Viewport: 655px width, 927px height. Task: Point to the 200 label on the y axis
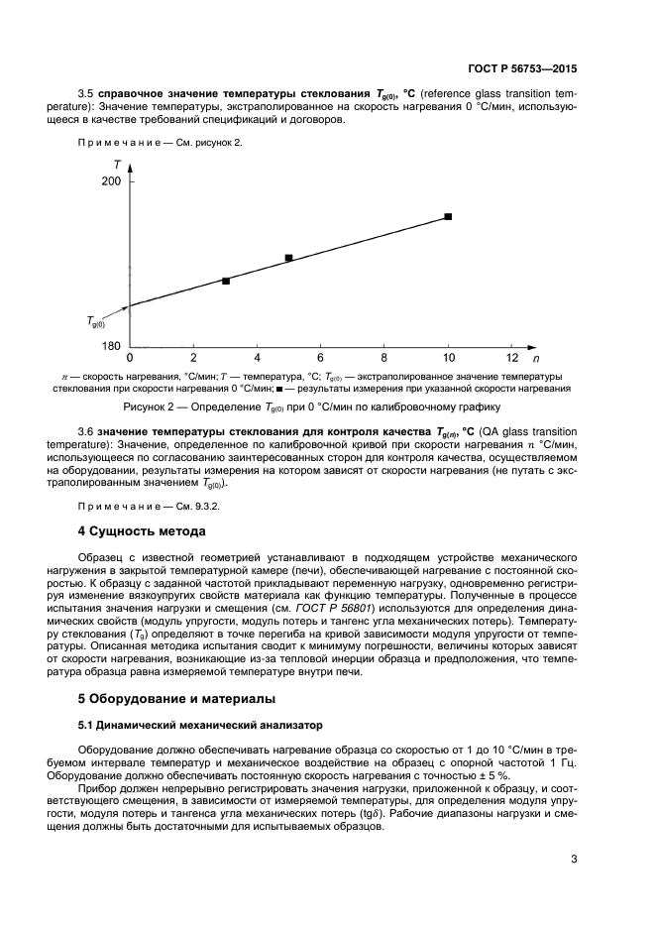(111, 182)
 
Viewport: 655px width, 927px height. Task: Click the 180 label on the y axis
(111, 346)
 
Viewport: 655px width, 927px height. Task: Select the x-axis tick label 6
(320, 358)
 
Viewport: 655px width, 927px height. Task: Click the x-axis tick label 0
(130, 358)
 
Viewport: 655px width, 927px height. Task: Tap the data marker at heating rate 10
(448, 216)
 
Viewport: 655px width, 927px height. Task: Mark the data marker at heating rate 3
(226, 281)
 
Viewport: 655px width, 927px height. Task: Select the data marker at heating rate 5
(288, 258)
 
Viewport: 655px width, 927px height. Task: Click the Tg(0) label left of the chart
(97, 321)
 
